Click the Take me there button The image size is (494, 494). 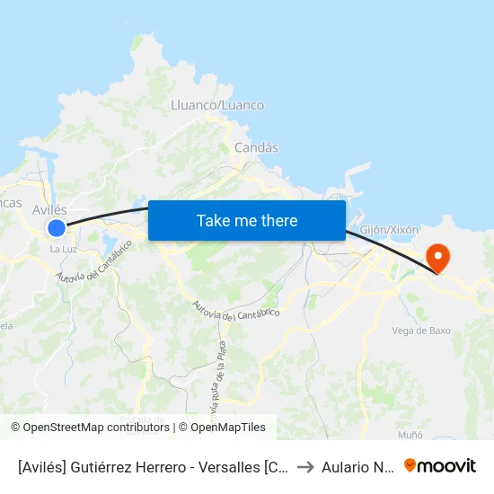pos(246,220)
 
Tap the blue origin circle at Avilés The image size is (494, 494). pos(57,228)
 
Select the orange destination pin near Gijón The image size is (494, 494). pos(439,259)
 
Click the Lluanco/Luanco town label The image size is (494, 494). pos(217,105)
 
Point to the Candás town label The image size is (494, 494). pos(256,147)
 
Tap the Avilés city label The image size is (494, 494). pos(49,209)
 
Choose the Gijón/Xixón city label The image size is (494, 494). pos(389,230)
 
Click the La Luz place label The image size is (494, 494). pos(62,249)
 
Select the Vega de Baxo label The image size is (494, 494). pos(421,331)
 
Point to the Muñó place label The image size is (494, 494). pos(410,435)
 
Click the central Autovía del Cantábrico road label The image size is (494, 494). pos(236,309)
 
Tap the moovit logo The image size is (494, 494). pos(439,465)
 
